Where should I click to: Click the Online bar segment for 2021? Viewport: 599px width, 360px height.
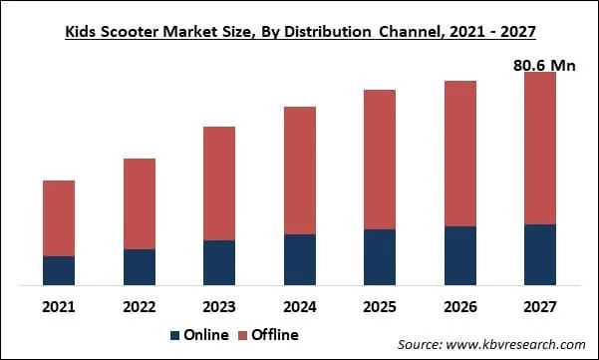[x=59, y=270]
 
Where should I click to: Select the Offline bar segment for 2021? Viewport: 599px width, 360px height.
[x=59, y=218]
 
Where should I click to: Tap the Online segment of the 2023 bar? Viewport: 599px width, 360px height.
[x=219, y=262]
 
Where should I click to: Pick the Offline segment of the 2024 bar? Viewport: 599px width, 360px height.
[x=300, y=171]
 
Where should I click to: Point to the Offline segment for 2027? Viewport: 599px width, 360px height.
[x=540, y=148]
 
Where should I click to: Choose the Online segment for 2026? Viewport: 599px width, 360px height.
[x=459, y=255]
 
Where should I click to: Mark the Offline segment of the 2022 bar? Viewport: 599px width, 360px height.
[x=140, y=203]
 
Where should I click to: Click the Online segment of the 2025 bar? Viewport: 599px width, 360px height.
[x=380, y=257]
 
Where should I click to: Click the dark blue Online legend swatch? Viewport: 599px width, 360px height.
[x=175, y=335]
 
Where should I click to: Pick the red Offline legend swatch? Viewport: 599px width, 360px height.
[x=242, y=335]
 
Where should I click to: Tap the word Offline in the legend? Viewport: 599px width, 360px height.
[x=275, y=335]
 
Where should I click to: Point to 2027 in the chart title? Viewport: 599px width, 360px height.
[x=515, y=32]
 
